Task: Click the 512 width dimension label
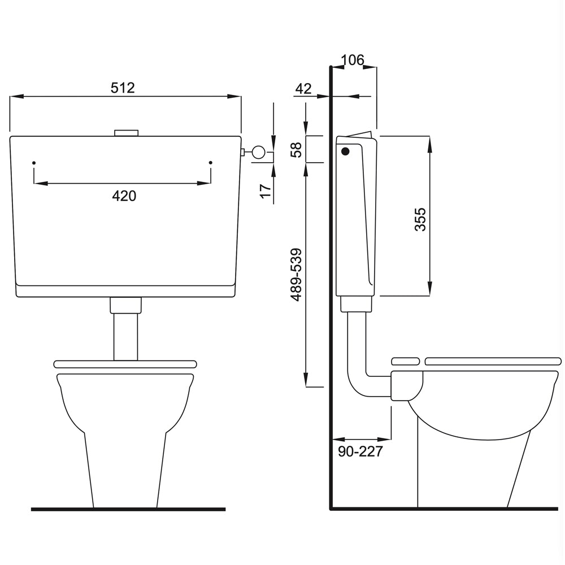pos(123,88)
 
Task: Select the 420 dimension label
pos(124,196)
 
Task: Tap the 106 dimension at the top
pos(353,60)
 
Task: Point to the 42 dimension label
pos(303,89)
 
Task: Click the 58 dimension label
pos(296,150)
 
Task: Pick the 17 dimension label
pos(266,190)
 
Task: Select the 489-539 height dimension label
pos(296,275)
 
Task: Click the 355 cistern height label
pos(420,219)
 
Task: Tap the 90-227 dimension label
pos(360,451)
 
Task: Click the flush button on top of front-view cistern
pos(126,133)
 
